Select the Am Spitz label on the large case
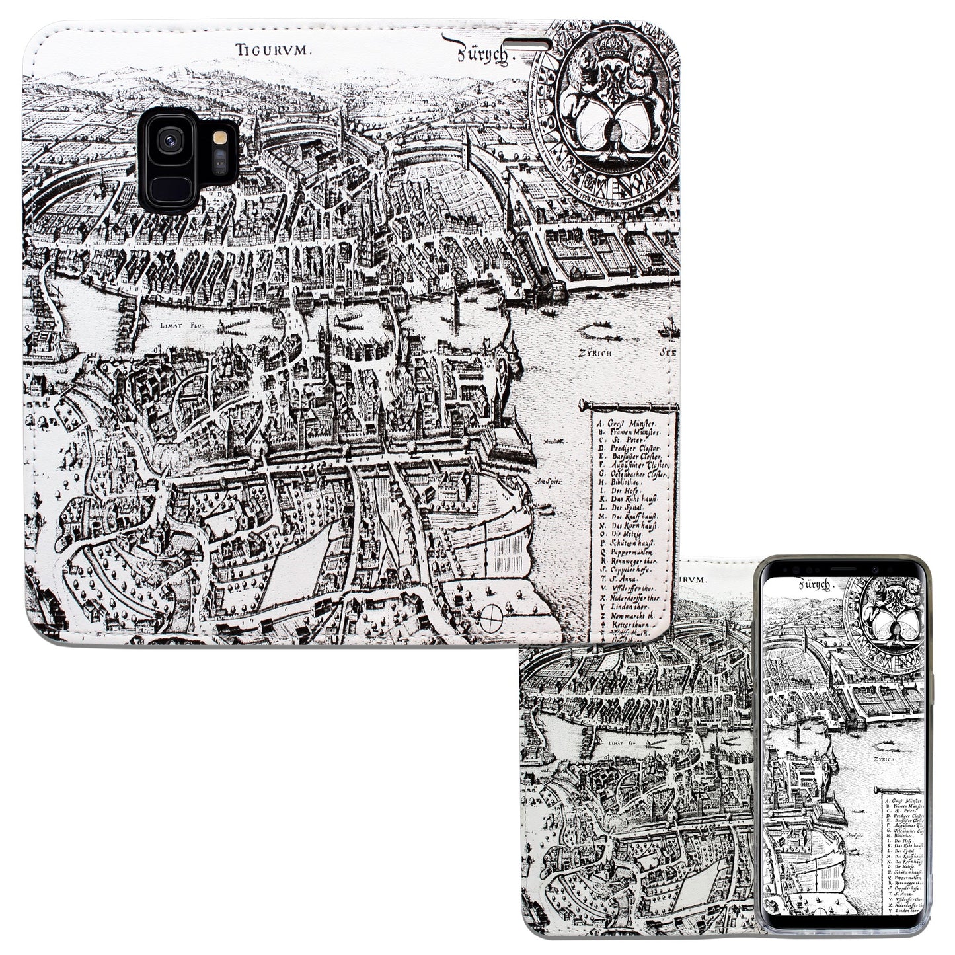549,481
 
